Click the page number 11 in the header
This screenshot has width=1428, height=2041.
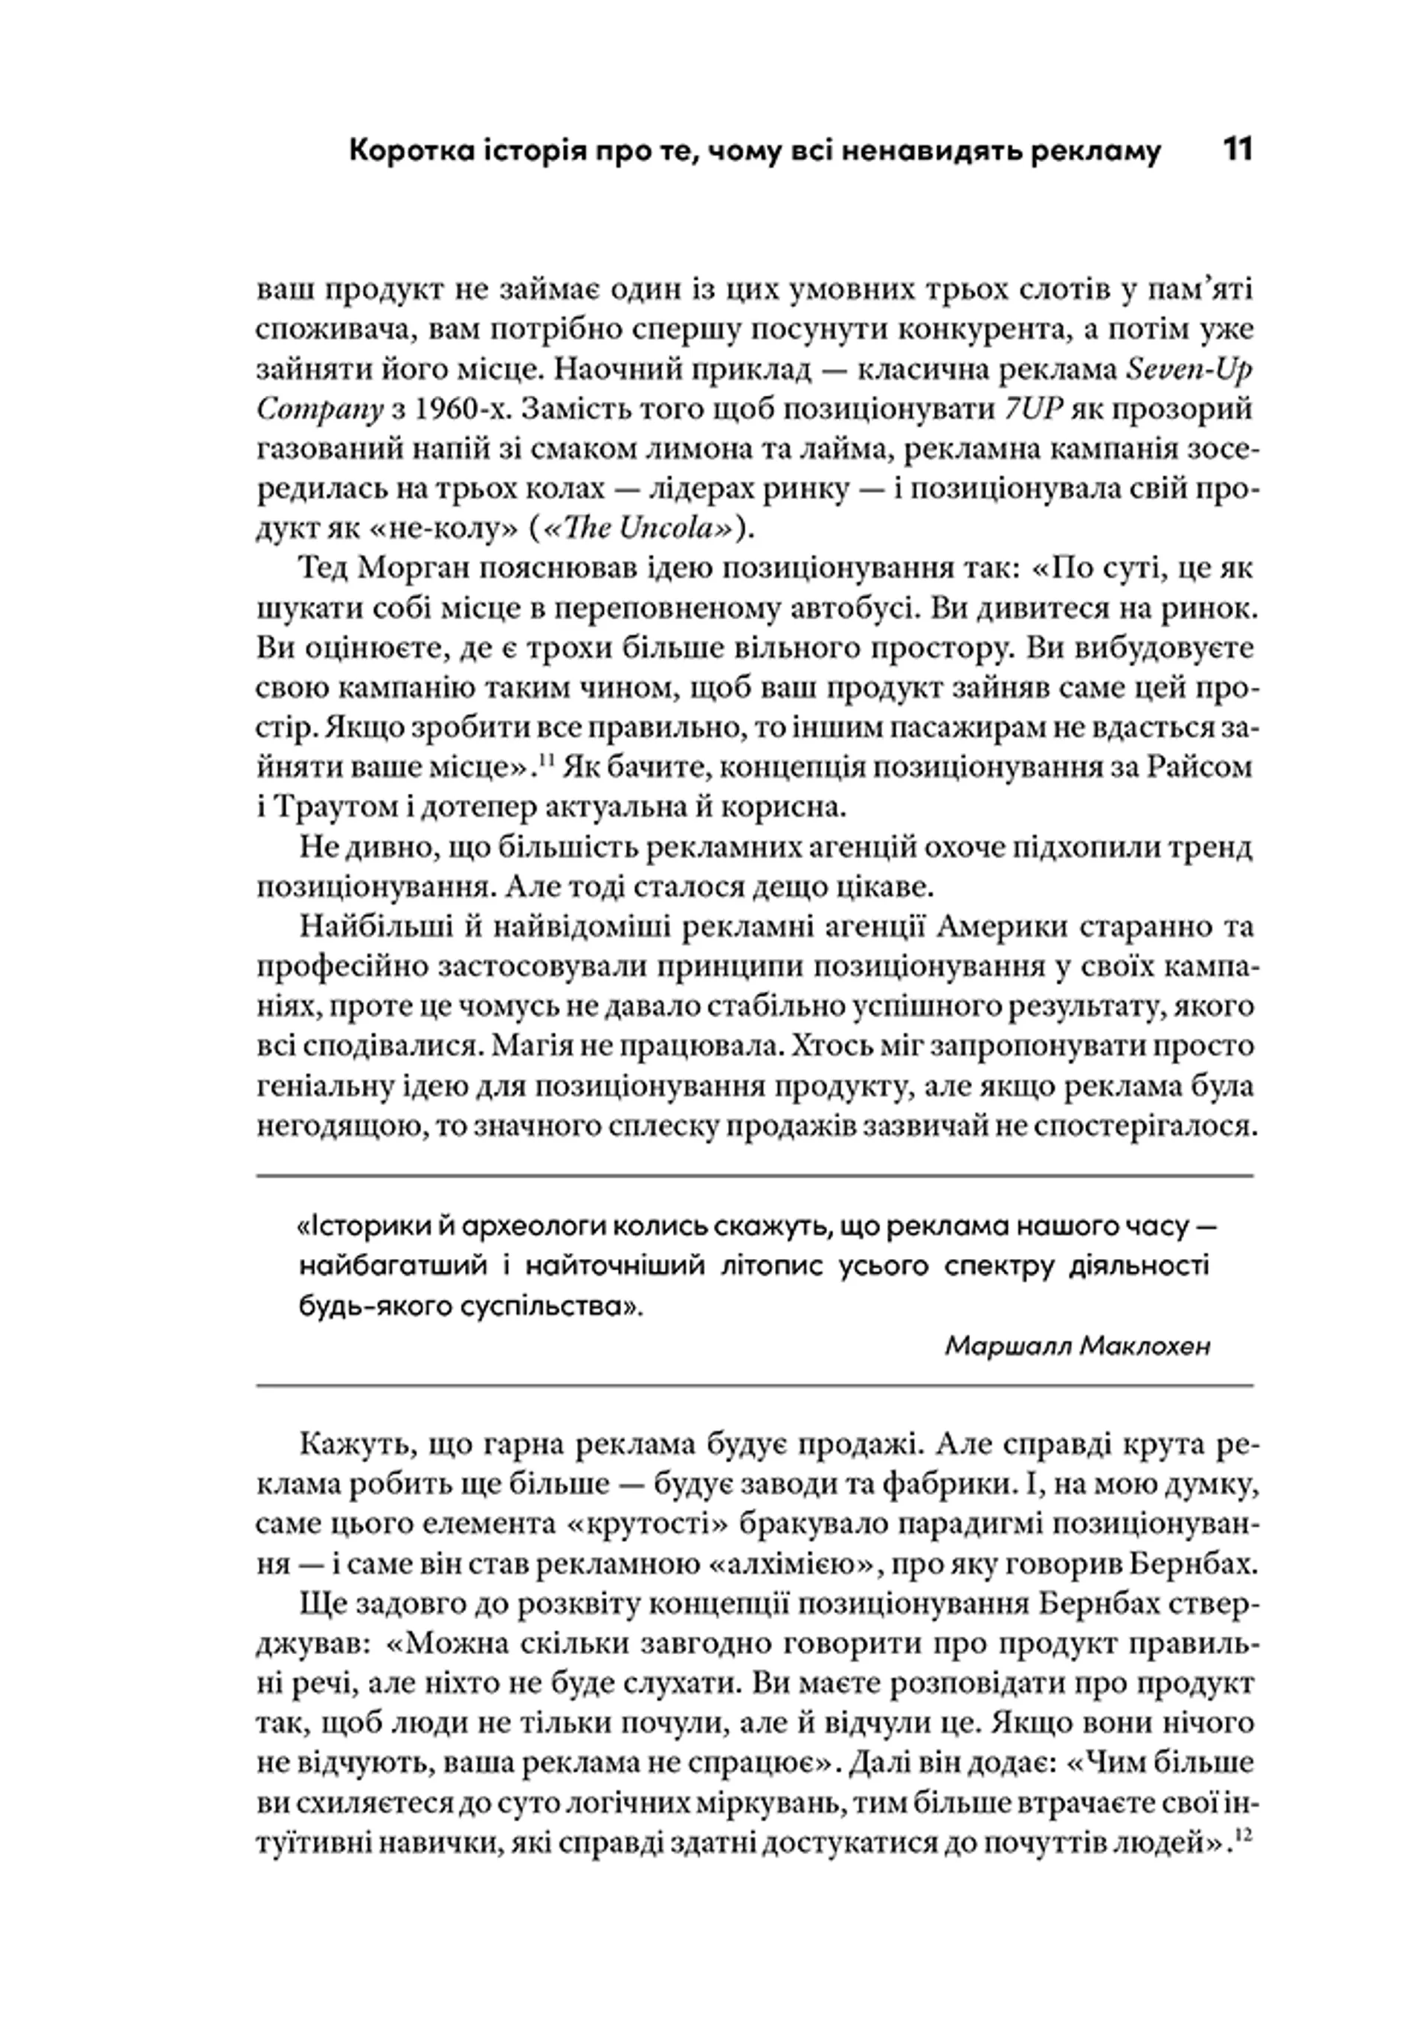coord(1236,150)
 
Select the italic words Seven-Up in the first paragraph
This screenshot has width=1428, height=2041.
coord(1190,370)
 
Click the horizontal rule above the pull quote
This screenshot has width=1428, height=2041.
coord(753,1176)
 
